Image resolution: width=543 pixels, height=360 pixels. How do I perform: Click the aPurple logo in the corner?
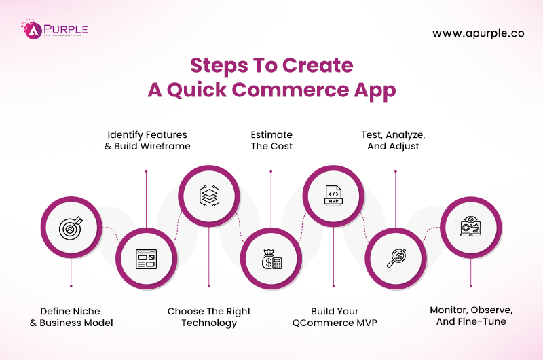coord(54,31)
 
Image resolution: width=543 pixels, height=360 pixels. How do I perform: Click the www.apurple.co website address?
coord(479,33)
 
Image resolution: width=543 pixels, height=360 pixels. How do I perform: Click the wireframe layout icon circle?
coord(146,259)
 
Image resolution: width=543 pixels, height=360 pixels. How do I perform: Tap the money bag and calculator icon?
coord(271,259)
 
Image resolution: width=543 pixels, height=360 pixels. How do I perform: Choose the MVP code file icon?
coord(333,196)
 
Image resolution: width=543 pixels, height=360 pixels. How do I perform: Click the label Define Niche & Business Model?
coord(71,317)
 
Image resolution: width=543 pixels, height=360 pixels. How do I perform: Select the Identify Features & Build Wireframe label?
coord(147,140)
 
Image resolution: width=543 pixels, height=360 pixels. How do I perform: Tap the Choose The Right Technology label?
coord(209,317)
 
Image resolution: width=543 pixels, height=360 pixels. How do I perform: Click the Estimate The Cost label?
coord(271,140)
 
